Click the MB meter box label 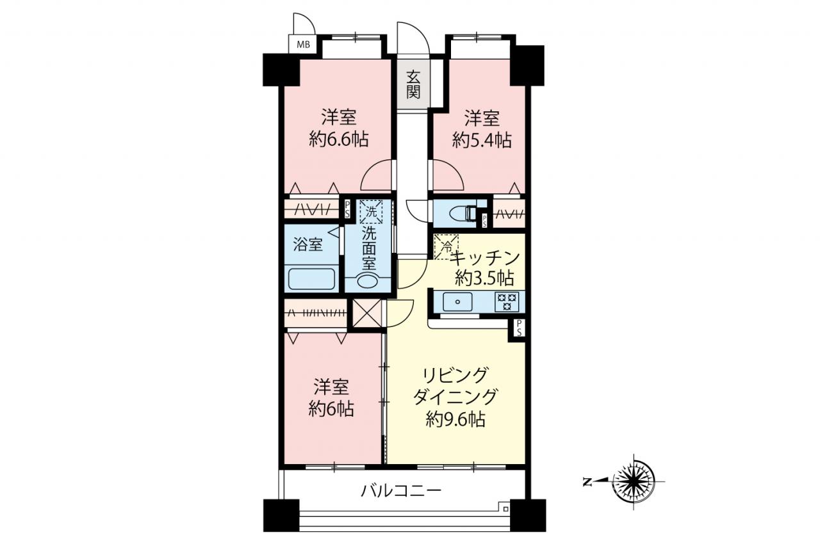click(303, 45)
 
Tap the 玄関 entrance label click(413, 84)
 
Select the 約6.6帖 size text click(339, 140)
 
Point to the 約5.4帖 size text click(482, 140)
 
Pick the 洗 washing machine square click(371, 212)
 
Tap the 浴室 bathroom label click(308, 245)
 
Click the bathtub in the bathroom click(312, 279)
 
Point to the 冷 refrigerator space click(446, 247)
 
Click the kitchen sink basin click(457, 301)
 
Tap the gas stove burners click(507, 301)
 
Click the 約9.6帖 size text click(455, 419)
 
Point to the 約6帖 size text click(331, 409)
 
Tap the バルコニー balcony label click(401, 490)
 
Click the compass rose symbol click(634, 481)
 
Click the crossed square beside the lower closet click(367, 314)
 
